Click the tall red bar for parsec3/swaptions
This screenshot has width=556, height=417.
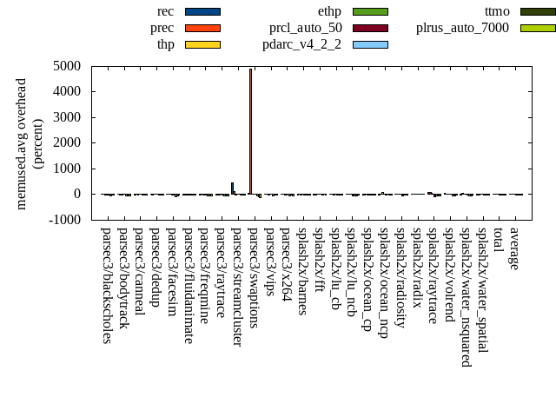pyautogui.click(x=250, y=130)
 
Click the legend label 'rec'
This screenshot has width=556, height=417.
pyautogui.click(x=165, y=11)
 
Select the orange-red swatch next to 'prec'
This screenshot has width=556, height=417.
pyautogui.click(x=202, y=28)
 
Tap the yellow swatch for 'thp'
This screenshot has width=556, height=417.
pyautogui.click(x=202, y=44)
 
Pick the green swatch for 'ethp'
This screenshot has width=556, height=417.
pyautogui.click(x=370, y=11)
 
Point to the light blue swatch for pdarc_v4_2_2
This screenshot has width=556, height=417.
pyautogui.click(x=370, y=44)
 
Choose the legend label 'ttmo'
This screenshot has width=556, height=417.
pyautogui.click(x=497, y=11)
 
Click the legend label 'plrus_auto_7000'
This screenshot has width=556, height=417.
pyautogui.click(x=462, y=28)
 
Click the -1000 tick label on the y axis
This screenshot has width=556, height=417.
pyautogui.click(x=65, y=220)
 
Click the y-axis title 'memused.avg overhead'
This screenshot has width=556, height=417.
pyautogui.click(x=22, y=143)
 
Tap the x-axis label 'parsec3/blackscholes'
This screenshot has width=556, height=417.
pyautogui.click(x=106, y=285)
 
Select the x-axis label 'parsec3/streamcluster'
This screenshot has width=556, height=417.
pyautogui.click(x=237, y=286)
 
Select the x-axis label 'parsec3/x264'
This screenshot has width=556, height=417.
pyautogui.click(x=286, y=259)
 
